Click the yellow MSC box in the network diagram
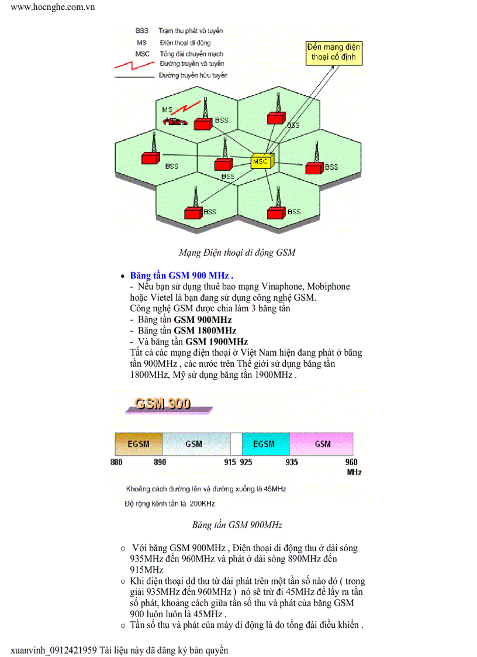261,161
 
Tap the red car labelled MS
175,122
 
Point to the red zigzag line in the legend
135,64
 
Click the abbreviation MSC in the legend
142,54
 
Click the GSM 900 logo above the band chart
163,404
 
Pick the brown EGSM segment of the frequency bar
139,444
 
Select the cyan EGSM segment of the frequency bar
265,444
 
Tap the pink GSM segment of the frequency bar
322,444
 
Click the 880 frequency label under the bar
116,462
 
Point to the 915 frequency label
230,462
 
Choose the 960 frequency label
352,462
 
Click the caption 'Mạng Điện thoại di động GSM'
237,253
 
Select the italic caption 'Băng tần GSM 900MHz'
237,525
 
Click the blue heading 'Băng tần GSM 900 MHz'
181,275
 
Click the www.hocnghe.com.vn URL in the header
53,7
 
